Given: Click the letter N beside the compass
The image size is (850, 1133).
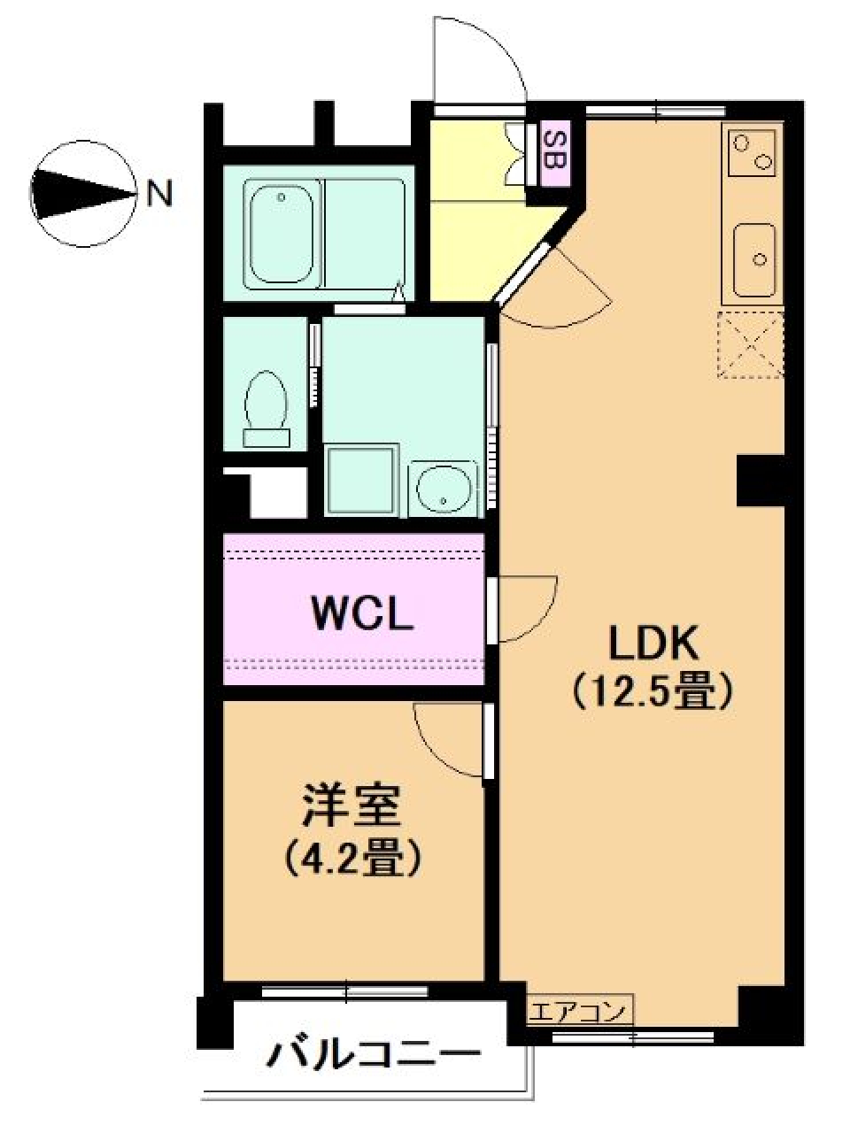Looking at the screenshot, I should tap(159, 192).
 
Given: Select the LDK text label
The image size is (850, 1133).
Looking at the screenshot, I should tap(653, 644).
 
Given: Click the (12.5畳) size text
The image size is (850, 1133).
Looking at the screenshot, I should tap(653, 691).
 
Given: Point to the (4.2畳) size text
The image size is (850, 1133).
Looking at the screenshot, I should tap(352, 856).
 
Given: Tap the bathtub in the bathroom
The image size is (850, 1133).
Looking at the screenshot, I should tap(282, 234).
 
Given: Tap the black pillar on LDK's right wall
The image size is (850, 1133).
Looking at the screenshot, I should tap(761, 481).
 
